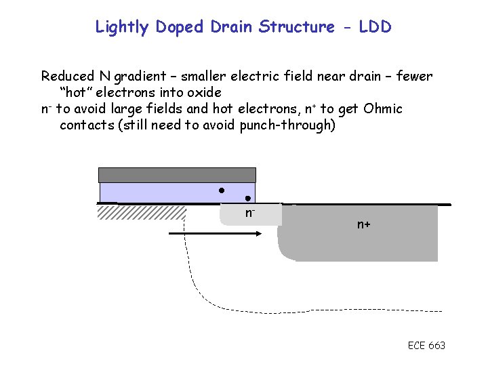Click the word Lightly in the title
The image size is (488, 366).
123,27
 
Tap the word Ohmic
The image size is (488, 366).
382,108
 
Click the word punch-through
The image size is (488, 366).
287,125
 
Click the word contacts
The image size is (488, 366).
87,125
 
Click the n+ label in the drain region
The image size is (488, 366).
364,224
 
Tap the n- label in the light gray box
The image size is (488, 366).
249,213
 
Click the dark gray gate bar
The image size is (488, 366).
177,175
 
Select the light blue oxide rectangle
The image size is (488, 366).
163,192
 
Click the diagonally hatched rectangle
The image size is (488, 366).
142,213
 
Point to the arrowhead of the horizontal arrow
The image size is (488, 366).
258,233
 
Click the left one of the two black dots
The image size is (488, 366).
221,190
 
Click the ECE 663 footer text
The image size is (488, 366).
426,346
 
